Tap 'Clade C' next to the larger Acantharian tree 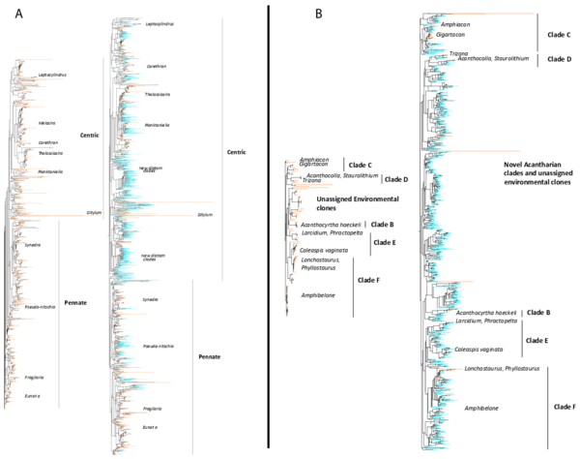(562, 34)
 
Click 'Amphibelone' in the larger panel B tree (480, 409)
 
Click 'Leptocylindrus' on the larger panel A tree (159, 25)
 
